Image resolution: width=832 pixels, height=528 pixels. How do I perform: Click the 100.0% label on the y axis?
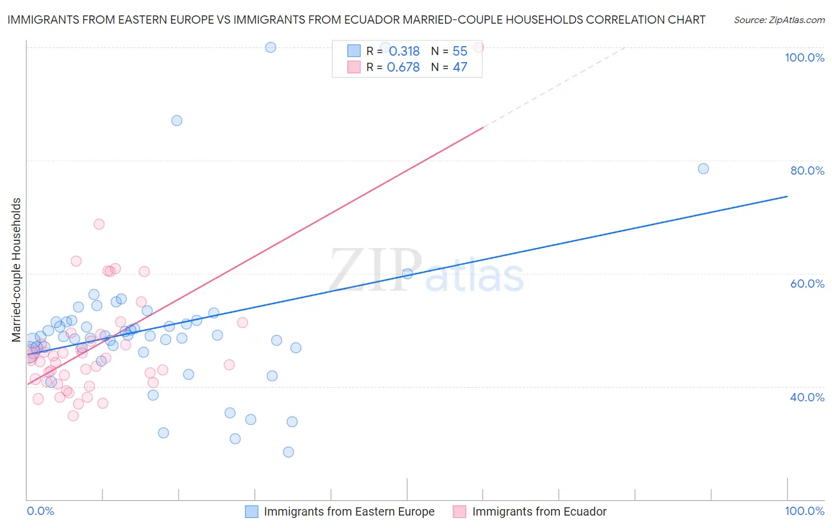pyautogui.click(x=804, y=57)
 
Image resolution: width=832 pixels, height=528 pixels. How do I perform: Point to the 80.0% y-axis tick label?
pyautogui.click(x=807, y=170)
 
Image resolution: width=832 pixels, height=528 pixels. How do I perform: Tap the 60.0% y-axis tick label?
pyautogui.click(x=807, y=284)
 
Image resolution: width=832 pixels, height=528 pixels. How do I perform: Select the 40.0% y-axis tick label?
pyautogui.click(x=807, y=397)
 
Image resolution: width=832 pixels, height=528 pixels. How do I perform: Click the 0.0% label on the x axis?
pyautogui.click(x=40, y=511)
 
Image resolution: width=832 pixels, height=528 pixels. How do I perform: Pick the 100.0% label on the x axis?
pyautogui.click(x=804, y=511)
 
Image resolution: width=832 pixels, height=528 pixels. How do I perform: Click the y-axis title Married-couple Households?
pyautogui.click(x=17, y=270)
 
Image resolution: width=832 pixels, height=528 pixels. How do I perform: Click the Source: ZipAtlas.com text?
pyautogui.click(x=779, y=20)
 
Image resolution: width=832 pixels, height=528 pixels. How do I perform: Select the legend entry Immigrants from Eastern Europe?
pyautogui.click(x=349, y=511)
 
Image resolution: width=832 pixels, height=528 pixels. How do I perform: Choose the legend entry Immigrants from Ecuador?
pyautogui.click(x=539, y=511)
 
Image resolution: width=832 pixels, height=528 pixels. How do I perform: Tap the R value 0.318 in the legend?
pyautogui.click(x=404, y=51)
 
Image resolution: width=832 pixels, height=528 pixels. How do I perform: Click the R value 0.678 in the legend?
pyautogui.click(x=403, y=67)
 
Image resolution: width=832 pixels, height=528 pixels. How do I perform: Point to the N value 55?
pyautogui.click(x=460, y=51)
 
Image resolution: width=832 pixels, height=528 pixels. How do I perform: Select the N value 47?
pyautogui.click(x=460, y=67)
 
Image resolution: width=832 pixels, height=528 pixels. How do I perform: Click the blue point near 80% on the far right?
pyautogui.click(x=703, y=169)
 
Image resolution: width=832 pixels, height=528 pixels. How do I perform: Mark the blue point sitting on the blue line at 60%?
pyautogui.click(x=407, y=273)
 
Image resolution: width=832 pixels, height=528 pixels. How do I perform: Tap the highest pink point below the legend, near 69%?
pyautogui.click(x=99, y=224)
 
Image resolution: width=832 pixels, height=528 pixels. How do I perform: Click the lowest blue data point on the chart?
pyautogui.click(x=288, y=452)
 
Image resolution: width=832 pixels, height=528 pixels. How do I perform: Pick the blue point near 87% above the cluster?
pyautogui.click(x=176, y=121)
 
